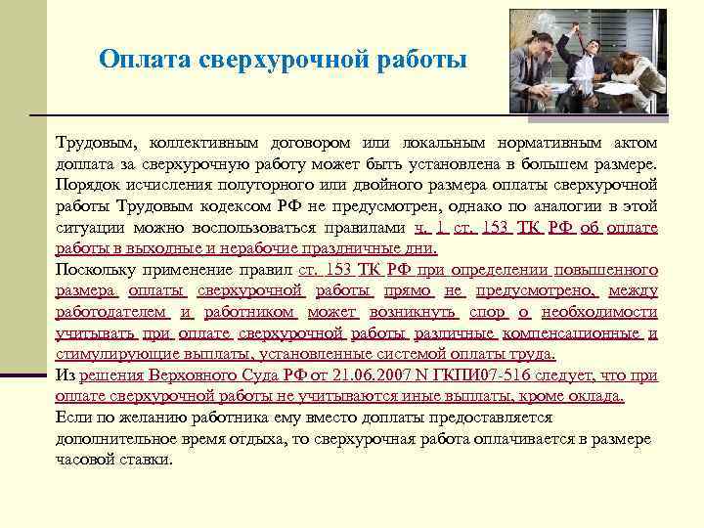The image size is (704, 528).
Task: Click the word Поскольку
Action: (x=95, y=270)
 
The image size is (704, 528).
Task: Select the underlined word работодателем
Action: (x=110, y=312)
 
